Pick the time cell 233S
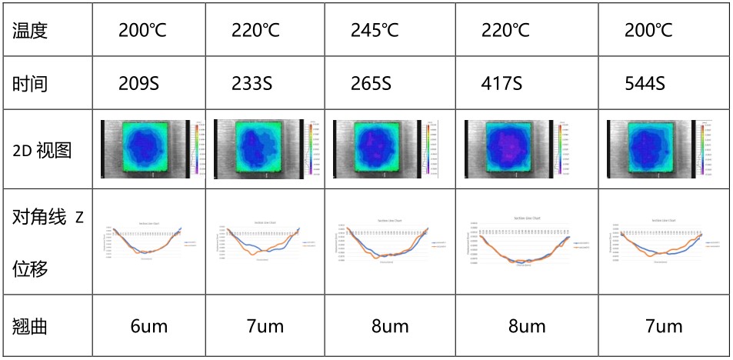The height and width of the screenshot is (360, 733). (x=252, y=83)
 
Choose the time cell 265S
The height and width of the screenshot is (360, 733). (x=371, y=83)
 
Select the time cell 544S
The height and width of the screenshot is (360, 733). (x=644, y=83)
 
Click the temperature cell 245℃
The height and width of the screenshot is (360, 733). (x=375, y=31)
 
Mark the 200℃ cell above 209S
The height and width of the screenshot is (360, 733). (x=143, y=31)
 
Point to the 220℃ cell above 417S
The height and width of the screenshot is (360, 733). (x=505, y=31)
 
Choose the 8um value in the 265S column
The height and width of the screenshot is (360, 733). (x=390, y=326)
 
